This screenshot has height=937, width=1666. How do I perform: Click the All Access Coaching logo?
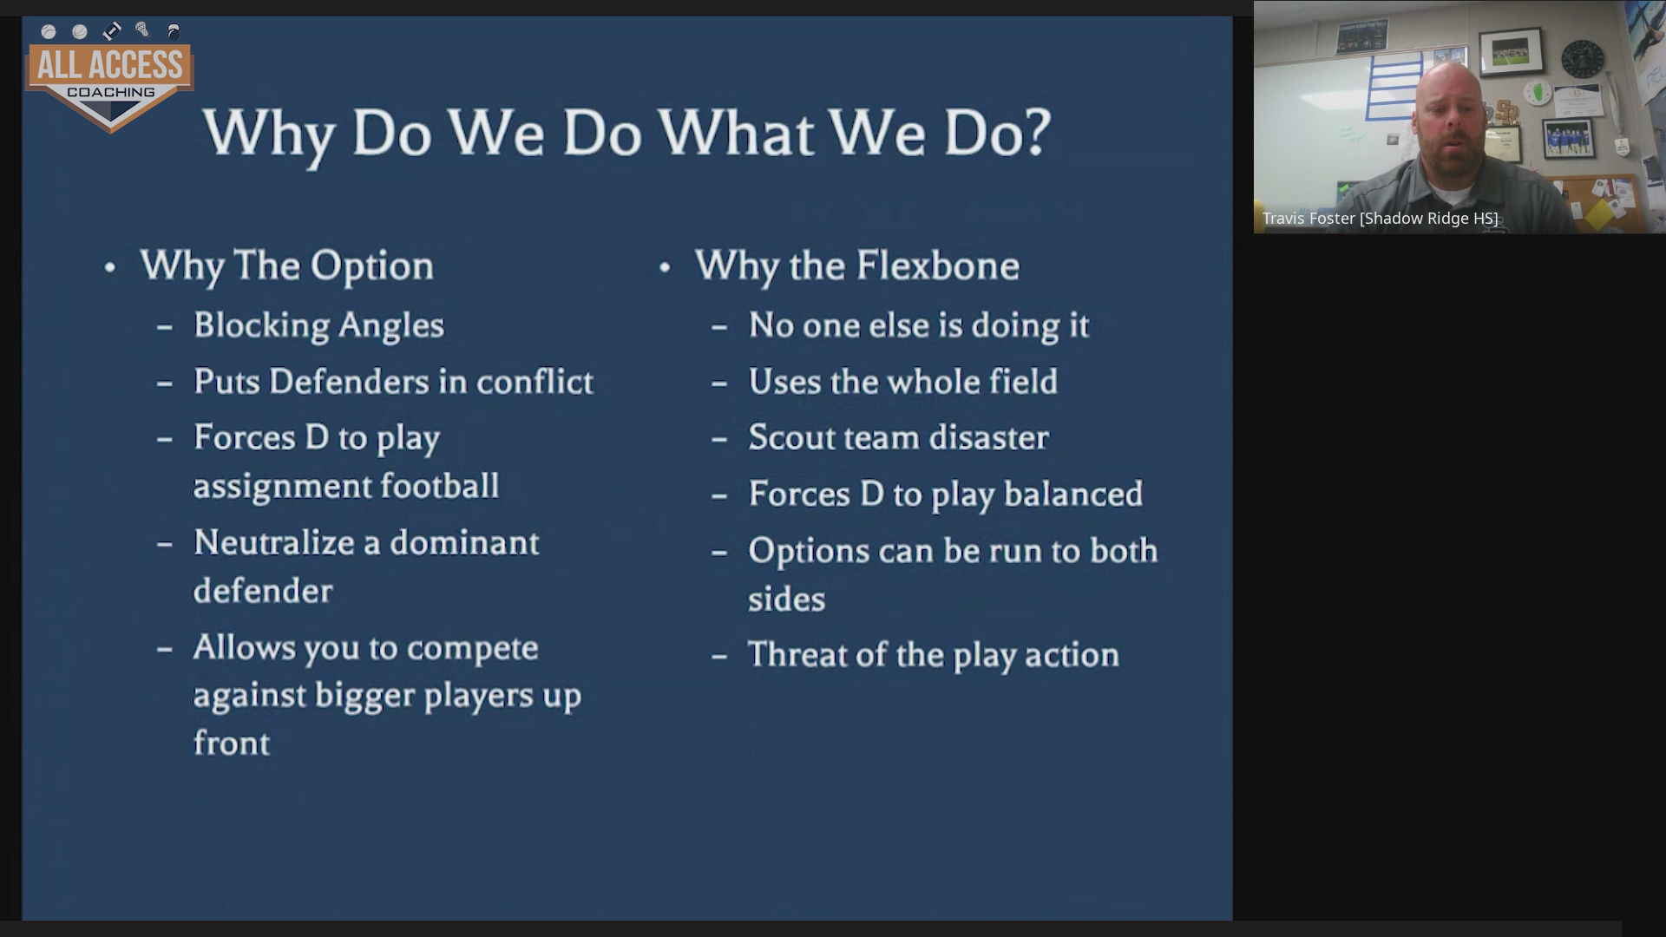click(110, 76)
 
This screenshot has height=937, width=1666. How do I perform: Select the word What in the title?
click(736, 133)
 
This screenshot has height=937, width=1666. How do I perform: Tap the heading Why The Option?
click(287, 265)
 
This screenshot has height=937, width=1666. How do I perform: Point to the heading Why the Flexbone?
click(857, 265)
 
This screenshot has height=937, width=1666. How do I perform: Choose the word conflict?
click(535, 382)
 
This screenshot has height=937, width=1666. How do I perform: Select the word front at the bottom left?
click(232, 744)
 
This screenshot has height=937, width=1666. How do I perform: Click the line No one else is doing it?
click(918, 325)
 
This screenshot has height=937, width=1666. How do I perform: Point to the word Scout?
click(788, 438)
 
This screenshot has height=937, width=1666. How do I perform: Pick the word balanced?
click(1073, 495)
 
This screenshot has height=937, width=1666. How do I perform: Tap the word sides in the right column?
click(787, 600)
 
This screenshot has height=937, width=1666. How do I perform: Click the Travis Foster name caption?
click(1380, 219)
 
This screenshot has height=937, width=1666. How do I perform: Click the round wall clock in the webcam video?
click(1583, 59)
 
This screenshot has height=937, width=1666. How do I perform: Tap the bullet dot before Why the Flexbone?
click(665, 267)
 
